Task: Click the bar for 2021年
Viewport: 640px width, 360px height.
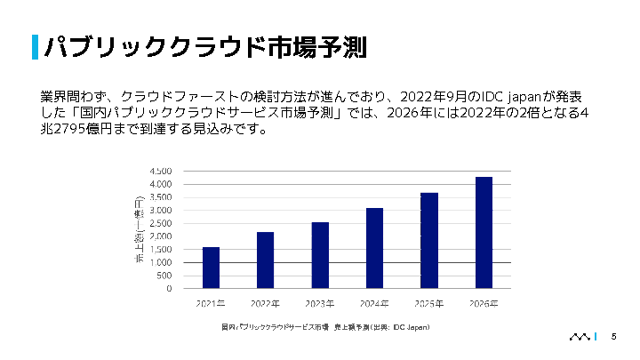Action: [211, 268]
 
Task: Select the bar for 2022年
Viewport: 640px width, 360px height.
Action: [265, 260]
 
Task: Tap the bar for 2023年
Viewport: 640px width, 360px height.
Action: [320, 255]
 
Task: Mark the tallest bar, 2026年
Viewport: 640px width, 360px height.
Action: [484, 232]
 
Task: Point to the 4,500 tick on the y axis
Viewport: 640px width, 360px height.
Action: [160, 171]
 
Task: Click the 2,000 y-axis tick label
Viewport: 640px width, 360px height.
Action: [160, 236]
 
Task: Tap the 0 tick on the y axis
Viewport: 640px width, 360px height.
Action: [168, 289]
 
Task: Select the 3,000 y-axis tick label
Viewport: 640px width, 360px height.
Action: [160, 211]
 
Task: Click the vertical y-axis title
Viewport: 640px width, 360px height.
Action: [139, 230]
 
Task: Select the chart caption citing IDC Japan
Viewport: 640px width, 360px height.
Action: [325, 328]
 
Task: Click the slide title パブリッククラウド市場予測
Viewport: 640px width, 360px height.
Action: [205, 46]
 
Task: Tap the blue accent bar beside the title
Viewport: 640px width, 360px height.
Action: [35, 46]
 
